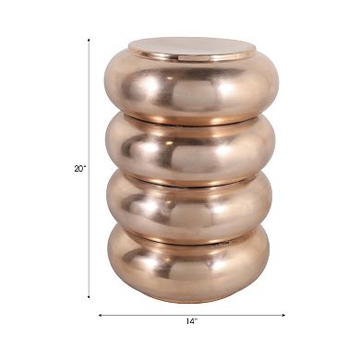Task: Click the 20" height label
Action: click(x=79, y=168)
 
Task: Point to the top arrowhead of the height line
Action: click(x=90, y=41)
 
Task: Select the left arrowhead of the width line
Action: click(x=101, y=316)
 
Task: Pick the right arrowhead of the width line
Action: click(x=283, y=316)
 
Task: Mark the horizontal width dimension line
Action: click(x=148, y=316)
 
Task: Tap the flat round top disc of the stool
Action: click(x=191, y=46)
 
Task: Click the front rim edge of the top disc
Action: click(x=191, y=58)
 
